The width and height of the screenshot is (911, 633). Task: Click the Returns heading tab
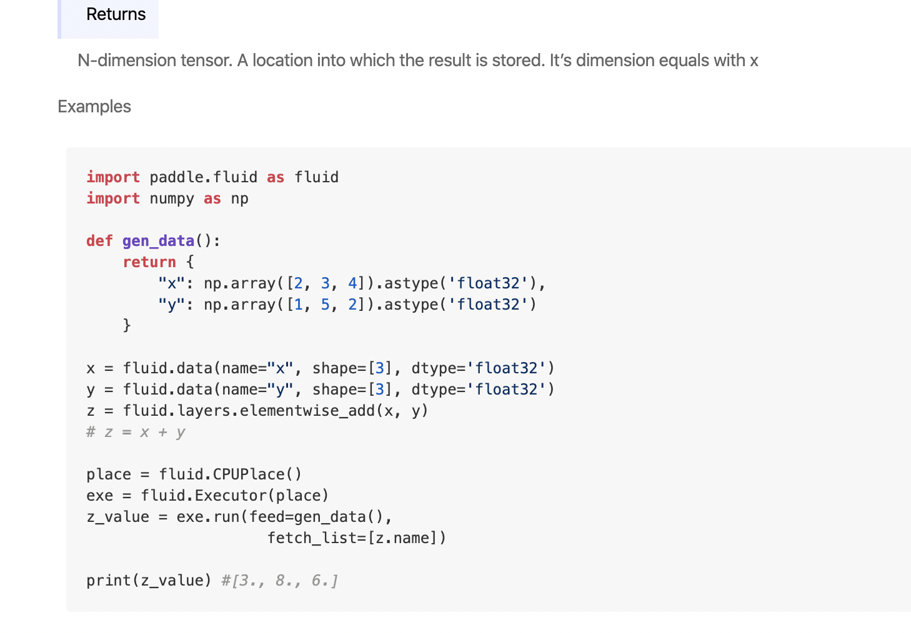point(116,14)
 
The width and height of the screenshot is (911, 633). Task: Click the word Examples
point(94,107)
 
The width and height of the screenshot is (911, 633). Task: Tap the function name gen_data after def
point(158,241)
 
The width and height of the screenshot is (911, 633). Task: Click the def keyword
point(99,241)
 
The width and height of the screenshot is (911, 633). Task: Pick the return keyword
point(149,262)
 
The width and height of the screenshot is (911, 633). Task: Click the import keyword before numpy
point(113,199)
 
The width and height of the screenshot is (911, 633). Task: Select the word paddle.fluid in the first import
point(203,177)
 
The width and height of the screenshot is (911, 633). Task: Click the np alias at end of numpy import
point(240,199)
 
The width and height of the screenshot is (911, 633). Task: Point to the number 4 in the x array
point(352,283)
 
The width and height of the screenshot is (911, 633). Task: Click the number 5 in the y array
point(325,305)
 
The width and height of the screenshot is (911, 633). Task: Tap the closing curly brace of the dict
point(127,325)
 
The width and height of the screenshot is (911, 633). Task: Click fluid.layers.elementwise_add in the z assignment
point(249,411)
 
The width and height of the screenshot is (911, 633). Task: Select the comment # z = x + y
point(136,432)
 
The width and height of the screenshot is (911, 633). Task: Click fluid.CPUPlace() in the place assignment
point(231,474)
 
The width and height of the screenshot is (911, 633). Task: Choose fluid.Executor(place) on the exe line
point(234,496)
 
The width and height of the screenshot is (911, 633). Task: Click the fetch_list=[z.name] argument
point(356,538)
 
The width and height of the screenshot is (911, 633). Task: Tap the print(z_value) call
point(149,581)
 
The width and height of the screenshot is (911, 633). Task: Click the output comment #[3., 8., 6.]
point(280,581)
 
